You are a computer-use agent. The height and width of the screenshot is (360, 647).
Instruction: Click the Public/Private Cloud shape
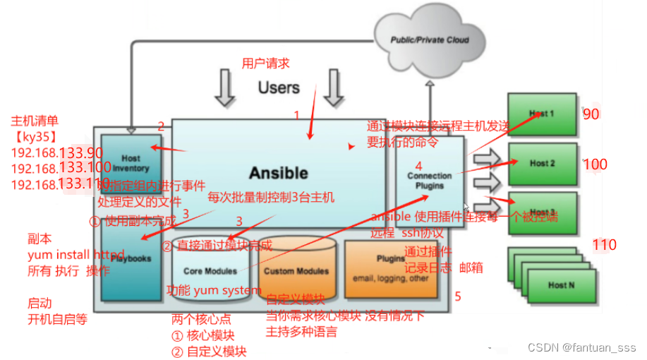(430, 40)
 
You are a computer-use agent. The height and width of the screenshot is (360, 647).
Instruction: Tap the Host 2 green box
(542, 163)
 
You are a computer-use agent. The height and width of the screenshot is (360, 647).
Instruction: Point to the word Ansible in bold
(278, 173)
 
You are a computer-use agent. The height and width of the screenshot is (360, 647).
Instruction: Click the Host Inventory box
(131, 164)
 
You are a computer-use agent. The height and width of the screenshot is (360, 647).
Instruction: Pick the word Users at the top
(279, 88)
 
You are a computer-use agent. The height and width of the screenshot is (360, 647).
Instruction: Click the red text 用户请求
(265, 64)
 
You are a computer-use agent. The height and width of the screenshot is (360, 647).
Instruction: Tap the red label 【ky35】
(35, 136)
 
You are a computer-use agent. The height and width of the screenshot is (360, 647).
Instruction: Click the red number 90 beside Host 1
(591, 114)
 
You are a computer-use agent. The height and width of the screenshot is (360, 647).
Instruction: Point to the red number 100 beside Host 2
(595, 165)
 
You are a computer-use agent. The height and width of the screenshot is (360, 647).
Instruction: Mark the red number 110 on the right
(604, 245)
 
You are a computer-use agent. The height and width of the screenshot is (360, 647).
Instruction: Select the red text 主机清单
(35, 120)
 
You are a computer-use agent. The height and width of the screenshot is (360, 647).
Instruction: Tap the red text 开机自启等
(57, 319)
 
